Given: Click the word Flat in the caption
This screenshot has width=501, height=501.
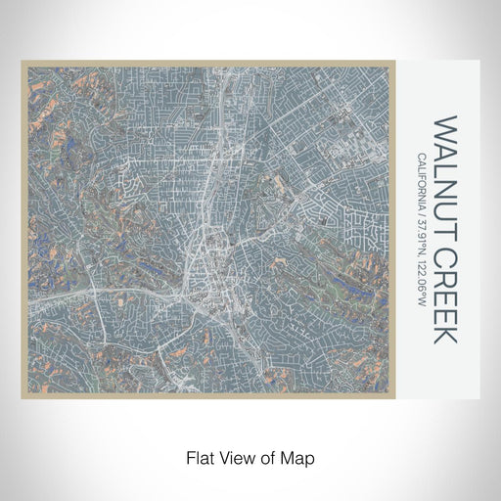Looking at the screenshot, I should [195, 457].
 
